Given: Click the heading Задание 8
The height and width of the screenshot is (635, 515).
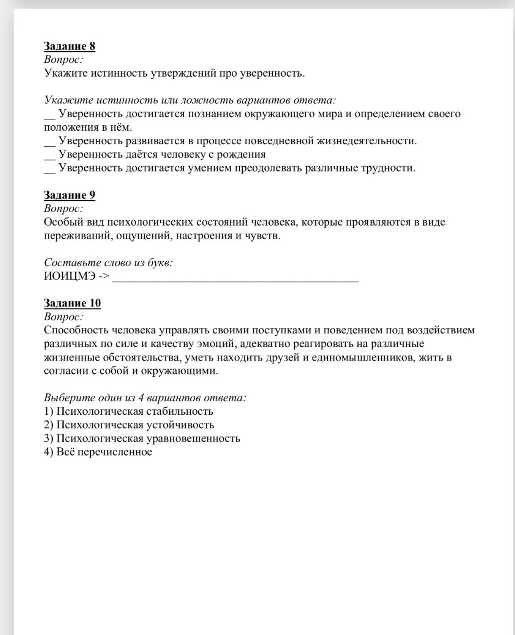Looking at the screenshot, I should pyautogui.click(x=69, y=46).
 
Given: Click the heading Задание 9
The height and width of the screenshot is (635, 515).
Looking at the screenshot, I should pyautogui.click(x=69, y=195).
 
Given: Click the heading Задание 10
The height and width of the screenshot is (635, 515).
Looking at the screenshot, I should pyautogui.click(x=72, y=303).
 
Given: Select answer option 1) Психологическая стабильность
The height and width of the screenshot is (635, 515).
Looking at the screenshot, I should pyautogui.click(x=128, y=411).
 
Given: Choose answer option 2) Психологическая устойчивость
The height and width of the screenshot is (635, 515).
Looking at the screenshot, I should pyautogui.click(x=129, y=425).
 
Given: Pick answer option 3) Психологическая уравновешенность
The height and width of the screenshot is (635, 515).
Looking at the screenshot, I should pyautogui.click(x=142, y=439).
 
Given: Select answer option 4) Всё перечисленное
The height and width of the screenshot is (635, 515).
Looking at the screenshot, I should pyautogui.click(x=98, y=452).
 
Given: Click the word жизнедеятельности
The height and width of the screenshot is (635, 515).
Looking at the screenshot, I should pyautogui.click(x=366, y=141).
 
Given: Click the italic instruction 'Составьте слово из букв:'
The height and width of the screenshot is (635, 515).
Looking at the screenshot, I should pyautogui.click(x=108, y=263).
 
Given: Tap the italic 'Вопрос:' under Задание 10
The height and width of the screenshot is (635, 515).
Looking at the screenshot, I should pyautogui.click(x=64, y=317).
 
